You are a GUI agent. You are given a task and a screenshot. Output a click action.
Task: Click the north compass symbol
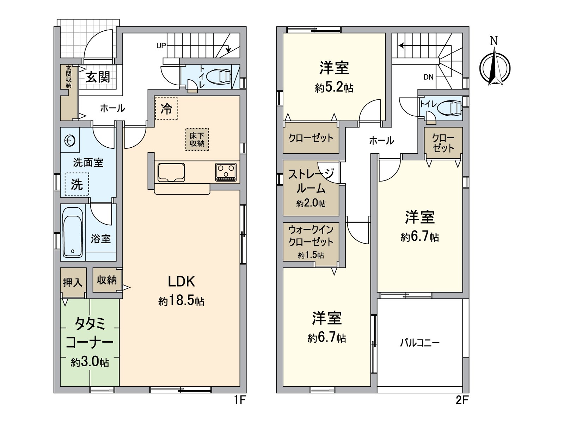pyautogui.click(x=495, y=67)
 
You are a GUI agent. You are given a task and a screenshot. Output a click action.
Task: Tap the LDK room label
pyautogui.click(x=181, y=282)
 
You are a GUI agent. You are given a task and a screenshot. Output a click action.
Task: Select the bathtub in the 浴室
pyautogui.click(x=73, y=233)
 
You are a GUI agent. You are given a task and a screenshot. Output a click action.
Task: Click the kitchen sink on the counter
pyautogui.click(x=171, y=172)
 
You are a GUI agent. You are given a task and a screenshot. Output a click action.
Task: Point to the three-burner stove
pyautogui.click(x=226, y=172)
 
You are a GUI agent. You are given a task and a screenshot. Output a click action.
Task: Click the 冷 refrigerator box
pyautogui.click(x=166, y=109)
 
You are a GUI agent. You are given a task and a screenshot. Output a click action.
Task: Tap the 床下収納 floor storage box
pyautogui.click(x=197, y=140)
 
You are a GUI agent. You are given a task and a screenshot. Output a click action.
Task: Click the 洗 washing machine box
pyautogui.click(x=77, y=184)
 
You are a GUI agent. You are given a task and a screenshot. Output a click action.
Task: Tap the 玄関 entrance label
pyautogui.click(x=98, y=77)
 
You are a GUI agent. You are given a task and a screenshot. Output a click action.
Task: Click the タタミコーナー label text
pyautogui.click(x=90, y=333)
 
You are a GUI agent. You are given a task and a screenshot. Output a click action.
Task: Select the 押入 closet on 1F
pyautogui.click(x=73, y=282)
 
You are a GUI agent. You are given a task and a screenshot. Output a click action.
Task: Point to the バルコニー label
pyautogui.click(x=419, y=343)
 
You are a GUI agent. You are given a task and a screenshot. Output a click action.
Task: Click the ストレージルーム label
pyautogui.click(x=311, y=181)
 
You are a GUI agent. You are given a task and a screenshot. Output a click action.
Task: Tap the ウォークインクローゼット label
pyautogui.click(x=311, y=236)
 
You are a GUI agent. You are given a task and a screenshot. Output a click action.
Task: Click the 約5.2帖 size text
pyautogui.click(x=334, y=87)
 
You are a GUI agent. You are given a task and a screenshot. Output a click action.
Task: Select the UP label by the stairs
pyautogui.click(x=161, y=46)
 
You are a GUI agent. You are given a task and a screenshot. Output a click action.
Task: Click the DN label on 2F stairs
pyautogui.click(x=428, y=77)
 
